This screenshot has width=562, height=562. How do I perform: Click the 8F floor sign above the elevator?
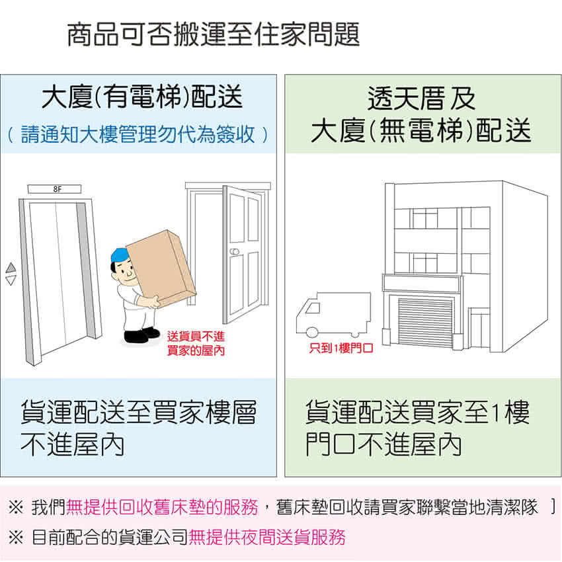point(54,189)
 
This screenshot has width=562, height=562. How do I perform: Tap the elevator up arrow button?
point(11,267)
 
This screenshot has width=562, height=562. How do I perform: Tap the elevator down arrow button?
point(11,280)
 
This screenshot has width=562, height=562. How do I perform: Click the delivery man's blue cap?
point(120,255)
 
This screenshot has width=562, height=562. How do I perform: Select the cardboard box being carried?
point(161,268)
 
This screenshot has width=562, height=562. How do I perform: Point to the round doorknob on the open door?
point(234,252)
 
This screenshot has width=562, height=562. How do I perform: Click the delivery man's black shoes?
point(141,335)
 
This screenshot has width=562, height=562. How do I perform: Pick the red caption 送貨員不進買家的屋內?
point(196,343)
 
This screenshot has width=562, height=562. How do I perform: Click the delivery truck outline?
point(333,314)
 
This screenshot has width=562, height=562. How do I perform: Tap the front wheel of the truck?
point(312,332)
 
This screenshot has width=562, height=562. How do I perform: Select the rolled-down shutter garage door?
point(425,321)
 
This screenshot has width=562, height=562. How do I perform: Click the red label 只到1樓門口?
point(341,347)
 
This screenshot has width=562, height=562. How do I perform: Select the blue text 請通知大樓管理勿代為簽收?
point(138,134)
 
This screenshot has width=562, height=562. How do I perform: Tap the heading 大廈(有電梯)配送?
point(142,97)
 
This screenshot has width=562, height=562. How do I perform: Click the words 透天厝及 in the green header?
point(422,99)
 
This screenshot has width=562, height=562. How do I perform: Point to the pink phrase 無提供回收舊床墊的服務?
point(163,507)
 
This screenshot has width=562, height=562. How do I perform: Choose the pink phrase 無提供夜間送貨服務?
point(266,537)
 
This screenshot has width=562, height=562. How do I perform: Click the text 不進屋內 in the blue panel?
point(73,444)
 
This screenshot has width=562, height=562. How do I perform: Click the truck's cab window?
point(313,308)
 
